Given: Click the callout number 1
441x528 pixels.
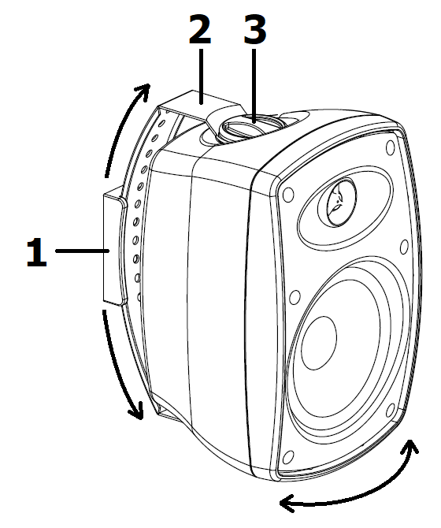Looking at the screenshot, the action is point(37,252).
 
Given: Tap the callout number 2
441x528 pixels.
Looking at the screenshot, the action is point(200,30).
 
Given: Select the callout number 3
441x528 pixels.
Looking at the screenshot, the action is point(254,30).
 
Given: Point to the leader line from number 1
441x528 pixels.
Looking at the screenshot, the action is point(83,251).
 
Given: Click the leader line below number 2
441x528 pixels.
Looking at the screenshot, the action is point(201,76).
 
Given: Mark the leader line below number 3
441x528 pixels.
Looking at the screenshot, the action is point(254,86).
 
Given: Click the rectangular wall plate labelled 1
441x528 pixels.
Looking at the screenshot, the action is point(113,250).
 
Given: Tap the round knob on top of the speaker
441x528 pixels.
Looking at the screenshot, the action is point(250,128).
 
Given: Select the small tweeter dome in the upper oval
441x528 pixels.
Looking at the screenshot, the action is point(337,202).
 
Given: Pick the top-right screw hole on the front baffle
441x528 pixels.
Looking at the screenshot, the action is point(391,147).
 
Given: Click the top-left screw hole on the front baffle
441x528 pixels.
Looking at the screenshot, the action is point(288,195).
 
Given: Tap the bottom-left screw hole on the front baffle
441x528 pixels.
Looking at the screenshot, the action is point(288,457).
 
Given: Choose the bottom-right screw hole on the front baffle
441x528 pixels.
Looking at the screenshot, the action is point(390,410).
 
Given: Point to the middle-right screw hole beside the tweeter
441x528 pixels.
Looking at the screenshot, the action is point(405,247).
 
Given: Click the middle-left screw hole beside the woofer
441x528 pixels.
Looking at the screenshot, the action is point(295,297).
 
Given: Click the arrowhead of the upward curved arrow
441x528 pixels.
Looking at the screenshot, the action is point(143,91).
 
